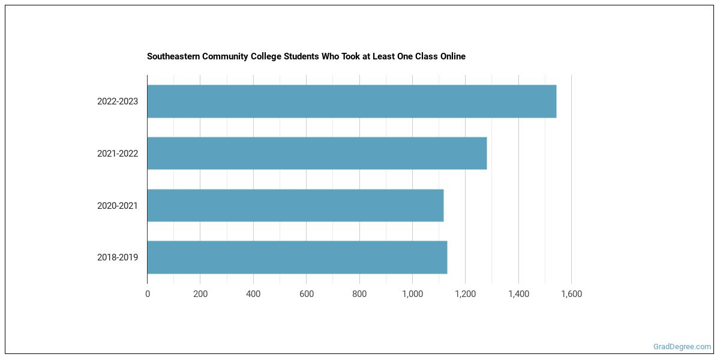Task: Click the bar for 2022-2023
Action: pos(352,101)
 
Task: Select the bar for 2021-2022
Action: pos(317,153)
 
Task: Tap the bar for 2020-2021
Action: pos(295,205)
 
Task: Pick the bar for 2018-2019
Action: pos(297,257)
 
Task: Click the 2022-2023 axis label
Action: pos(118,101)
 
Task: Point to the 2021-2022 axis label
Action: pos(118,154)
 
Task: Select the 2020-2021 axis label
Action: pos(118,206)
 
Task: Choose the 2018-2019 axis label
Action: pos(118,257)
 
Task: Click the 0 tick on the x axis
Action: pos(148,294)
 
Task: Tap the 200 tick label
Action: pos(200,294)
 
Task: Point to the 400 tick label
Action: pos(253,294)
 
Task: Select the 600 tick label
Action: pos(306,294)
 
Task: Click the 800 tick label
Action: pos(359,294)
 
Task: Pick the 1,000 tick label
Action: pos(412,294)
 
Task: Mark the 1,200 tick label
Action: pos(465,294)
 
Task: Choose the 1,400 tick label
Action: pos(518,294)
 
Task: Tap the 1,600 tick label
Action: pos(571,294)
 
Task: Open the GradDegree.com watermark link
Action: pos(682,347)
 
